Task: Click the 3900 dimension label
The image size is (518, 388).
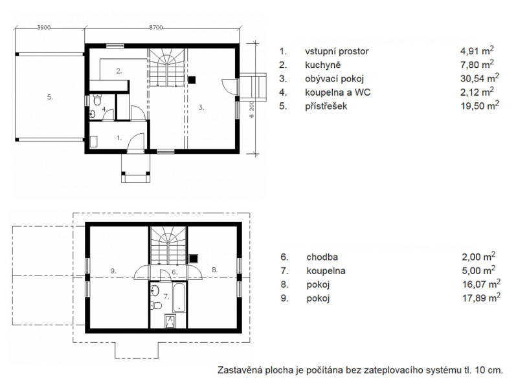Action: coord(43,28)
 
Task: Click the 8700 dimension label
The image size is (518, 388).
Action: coord(155,28)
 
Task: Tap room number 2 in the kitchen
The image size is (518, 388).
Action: coord(119,70)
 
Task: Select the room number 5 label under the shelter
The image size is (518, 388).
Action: coord(50,97)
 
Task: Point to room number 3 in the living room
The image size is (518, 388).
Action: coord(201,107)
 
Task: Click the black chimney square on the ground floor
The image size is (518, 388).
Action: coord(192,80)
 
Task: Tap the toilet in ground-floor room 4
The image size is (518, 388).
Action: coord(96,100)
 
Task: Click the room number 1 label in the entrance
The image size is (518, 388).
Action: coord(119,138)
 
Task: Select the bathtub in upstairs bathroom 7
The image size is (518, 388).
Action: coord(179,297)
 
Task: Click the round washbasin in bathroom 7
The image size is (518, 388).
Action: coord(155,290)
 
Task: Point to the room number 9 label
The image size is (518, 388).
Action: coord(114,271)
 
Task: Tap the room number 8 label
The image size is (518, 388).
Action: coord(215,270)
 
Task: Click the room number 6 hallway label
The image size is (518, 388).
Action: coord(175,272)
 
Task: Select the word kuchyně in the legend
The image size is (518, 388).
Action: coord(322,65)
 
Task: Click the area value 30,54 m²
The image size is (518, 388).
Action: coord(479,78)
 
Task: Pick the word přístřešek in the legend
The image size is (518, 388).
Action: coord(326,106)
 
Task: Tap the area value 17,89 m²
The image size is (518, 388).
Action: coord(481,297)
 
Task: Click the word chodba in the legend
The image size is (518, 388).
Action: coord(322,257)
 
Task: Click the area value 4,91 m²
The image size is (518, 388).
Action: coord(477,51)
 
